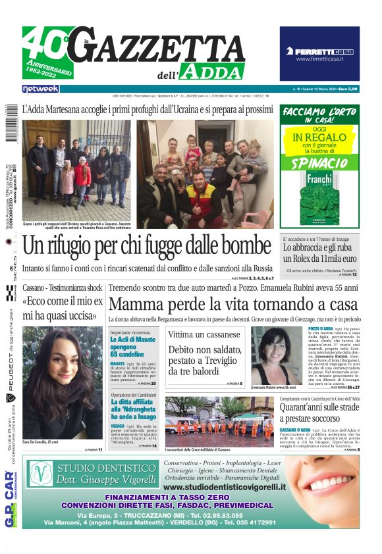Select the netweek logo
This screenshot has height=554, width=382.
(x=41, y=89)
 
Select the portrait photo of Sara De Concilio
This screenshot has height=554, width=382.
(x=63, y=383)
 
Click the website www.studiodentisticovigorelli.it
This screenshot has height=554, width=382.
(x=225, y=487)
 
